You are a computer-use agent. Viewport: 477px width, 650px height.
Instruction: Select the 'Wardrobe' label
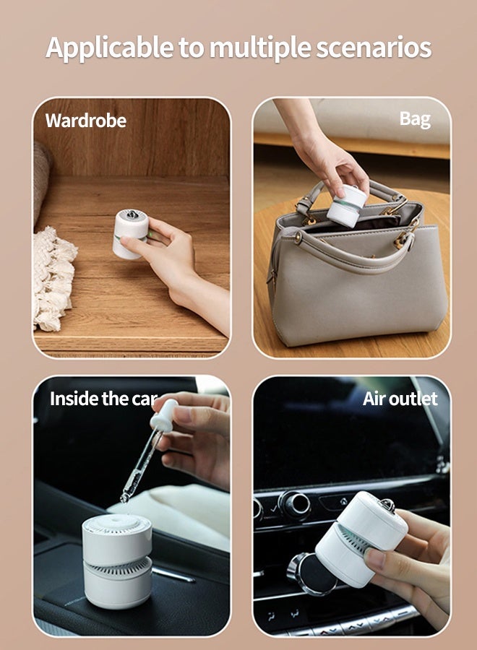[85, 121]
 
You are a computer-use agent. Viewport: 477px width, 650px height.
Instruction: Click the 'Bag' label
[415, 119]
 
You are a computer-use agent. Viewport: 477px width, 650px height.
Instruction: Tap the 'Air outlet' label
[400, 399]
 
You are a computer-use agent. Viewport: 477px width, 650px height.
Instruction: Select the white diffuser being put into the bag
[345, 205]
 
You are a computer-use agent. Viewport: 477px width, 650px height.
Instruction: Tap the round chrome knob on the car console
[294, 504]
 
